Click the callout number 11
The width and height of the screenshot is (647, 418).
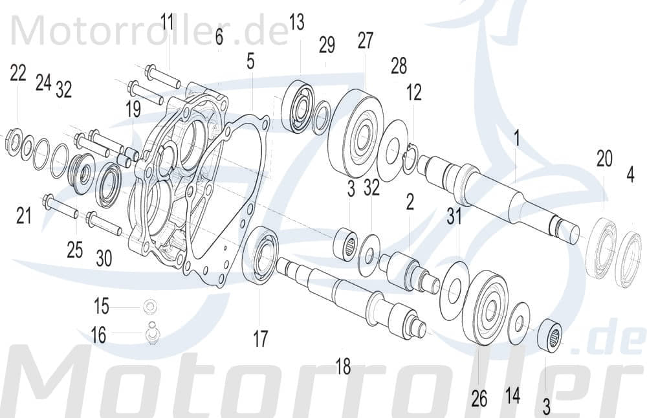168,23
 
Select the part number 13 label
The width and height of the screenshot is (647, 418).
296,23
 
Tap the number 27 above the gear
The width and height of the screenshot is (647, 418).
366,41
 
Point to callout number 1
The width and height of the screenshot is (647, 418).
517,137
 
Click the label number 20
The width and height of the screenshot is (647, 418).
604,160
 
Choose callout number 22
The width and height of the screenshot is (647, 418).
18,73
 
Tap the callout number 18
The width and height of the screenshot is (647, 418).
343,368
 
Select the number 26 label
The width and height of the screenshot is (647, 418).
479,399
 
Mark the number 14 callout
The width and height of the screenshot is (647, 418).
512,395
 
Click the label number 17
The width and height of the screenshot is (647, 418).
260,339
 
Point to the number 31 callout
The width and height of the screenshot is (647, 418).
454,217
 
